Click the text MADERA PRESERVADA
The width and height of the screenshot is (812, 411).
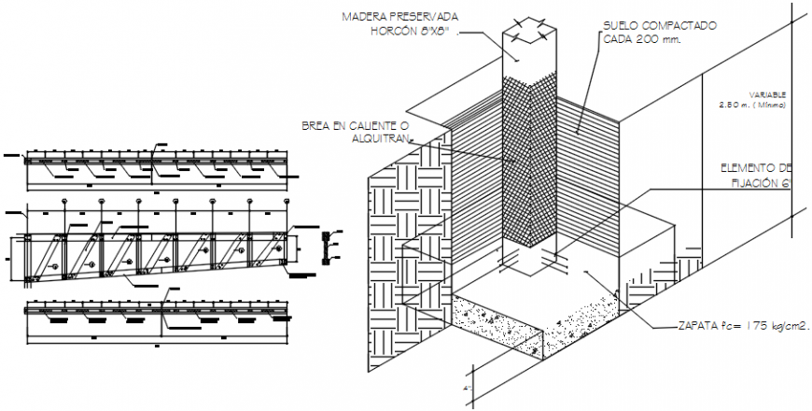pos(399,16)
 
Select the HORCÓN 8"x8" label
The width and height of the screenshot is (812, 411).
pos(412,31)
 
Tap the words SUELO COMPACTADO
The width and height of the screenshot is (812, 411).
pos(659,25)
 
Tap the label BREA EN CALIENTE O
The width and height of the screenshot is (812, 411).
pos(356,124)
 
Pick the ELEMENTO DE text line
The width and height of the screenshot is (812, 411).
pos(755,167)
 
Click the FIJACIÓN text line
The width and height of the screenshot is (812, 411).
pos(761,183)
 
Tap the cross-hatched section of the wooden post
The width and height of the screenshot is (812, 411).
pos(529,159)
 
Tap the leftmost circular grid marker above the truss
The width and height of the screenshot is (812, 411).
pos(64,202)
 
